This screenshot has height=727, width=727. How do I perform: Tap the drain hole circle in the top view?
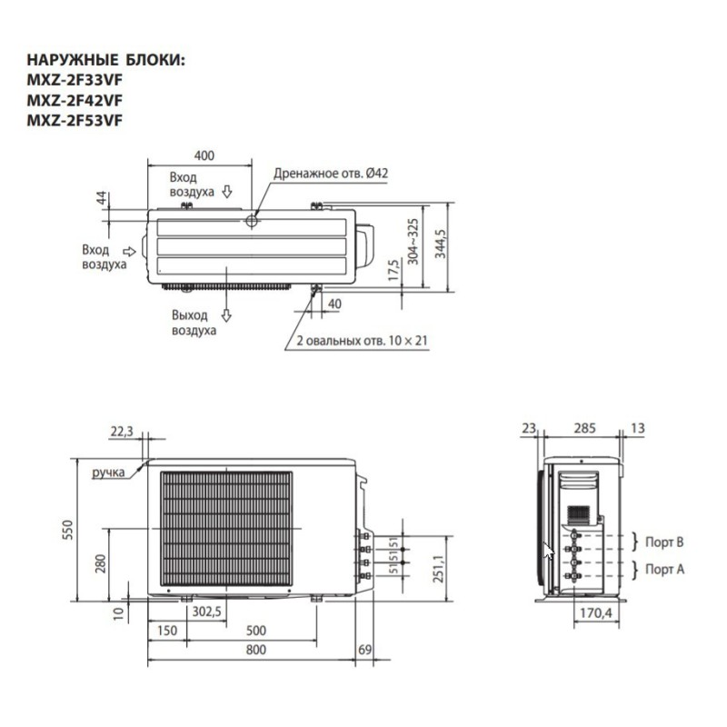[x=252, y=220]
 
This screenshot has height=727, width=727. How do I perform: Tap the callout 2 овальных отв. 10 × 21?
[x=362, y=341]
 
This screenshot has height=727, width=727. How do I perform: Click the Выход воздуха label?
[x=194, y=323]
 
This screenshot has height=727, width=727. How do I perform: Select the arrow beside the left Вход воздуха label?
[x=130, y=250]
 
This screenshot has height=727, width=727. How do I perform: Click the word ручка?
[x=107, y=473]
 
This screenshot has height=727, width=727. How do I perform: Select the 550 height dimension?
[x=65, y=531]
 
